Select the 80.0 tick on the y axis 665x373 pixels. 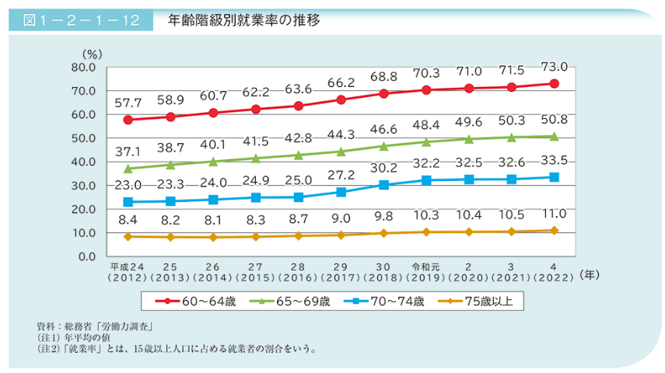coord(82,68)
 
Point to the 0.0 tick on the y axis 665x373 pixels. coord(85,256)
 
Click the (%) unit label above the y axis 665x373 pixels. coord(92,54)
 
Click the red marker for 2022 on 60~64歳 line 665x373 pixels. coord(554,83)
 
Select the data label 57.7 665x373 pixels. coord(128,103)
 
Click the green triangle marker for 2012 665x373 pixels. coord(128,168)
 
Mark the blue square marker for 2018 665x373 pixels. coord(383,185)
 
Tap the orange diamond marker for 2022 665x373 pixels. coord(554,230)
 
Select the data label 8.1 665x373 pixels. coord(213,221)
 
